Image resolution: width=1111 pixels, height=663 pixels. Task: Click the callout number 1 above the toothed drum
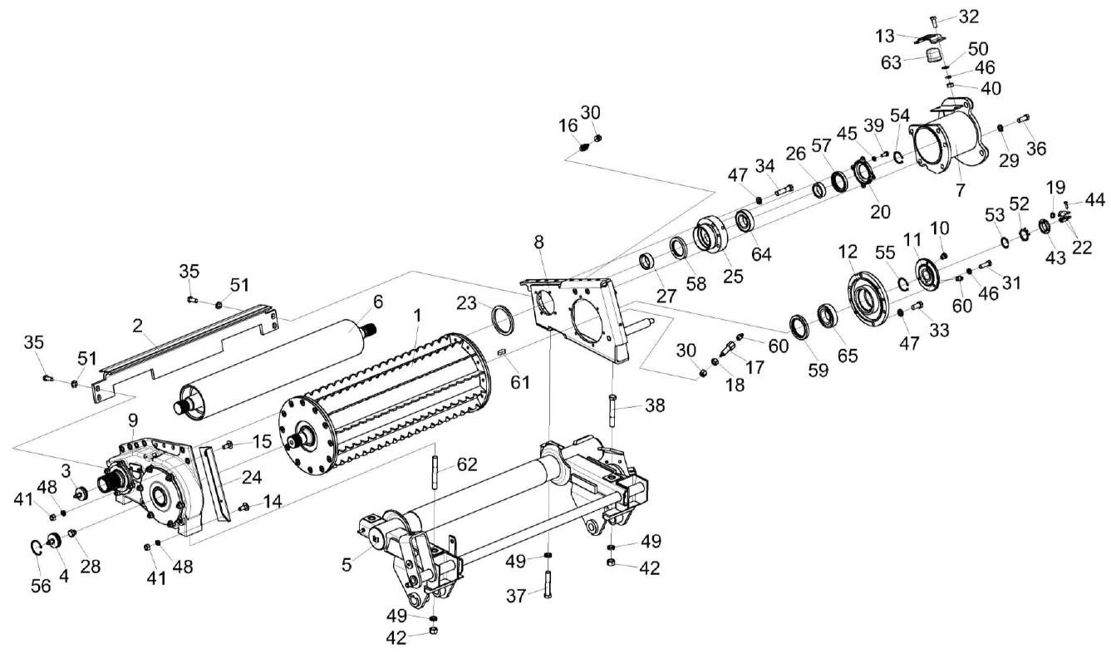(416, 316)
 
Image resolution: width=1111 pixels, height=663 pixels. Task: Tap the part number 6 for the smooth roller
(377, 302)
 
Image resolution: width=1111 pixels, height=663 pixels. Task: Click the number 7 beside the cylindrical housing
(960, 190)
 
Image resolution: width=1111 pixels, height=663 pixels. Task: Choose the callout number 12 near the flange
(847, 250)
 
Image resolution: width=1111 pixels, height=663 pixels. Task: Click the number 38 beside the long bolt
(655, 407)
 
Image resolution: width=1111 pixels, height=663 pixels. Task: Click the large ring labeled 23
(504, 322)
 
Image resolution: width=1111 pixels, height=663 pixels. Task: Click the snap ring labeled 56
(37, 548)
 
